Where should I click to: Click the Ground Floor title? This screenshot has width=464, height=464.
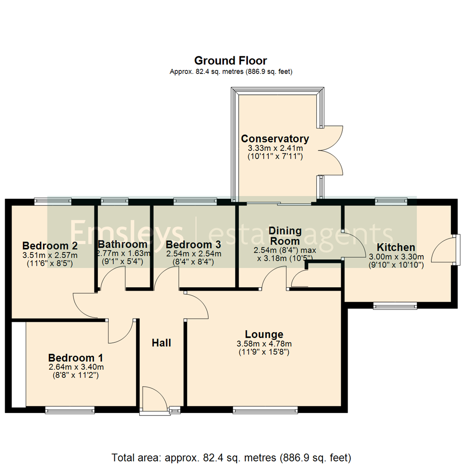pos(231,60)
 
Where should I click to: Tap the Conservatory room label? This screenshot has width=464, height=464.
pos(275,139)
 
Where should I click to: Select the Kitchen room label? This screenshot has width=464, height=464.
pos(396,247)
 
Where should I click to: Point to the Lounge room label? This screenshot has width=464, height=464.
pos(264,334)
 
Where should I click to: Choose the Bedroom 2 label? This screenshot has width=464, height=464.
pos(50,246)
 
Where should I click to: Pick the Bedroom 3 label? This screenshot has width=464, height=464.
pos(193,244)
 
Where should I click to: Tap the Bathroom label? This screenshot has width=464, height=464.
pos(123,244)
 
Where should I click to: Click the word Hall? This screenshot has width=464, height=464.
pos(162,343)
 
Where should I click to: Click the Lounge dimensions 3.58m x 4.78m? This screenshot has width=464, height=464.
pos(264,344)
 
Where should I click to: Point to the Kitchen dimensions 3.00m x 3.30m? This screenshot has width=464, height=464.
pos(396,257)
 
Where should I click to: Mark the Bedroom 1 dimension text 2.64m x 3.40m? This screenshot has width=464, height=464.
pos(76,367)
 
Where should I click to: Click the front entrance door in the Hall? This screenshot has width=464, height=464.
pos(155,400)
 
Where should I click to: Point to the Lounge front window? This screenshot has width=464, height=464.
pos(265,410)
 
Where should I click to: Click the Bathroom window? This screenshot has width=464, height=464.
pos(114,200)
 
